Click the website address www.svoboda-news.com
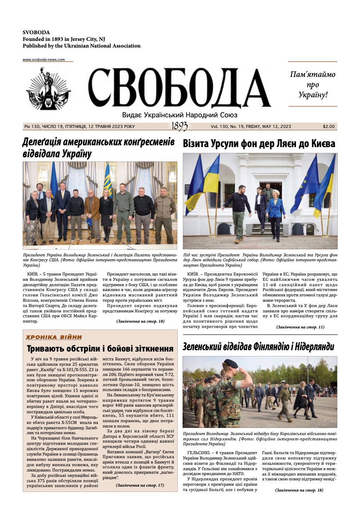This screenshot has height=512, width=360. click(x=44, y=60)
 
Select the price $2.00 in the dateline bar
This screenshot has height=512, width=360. click(x=329, y=127)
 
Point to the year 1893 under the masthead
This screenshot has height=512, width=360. click(x=180, y=127)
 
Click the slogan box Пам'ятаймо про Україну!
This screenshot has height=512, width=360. click(x=312, y=84)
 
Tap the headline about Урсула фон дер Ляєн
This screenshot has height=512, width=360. click(x=259, y=144)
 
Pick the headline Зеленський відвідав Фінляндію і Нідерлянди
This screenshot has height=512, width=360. click(x=258, y=347)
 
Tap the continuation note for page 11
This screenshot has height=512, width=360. click(x=300, y=327)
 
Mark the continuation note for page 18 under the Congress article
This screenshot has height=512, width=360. click(x=140, y=321)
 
